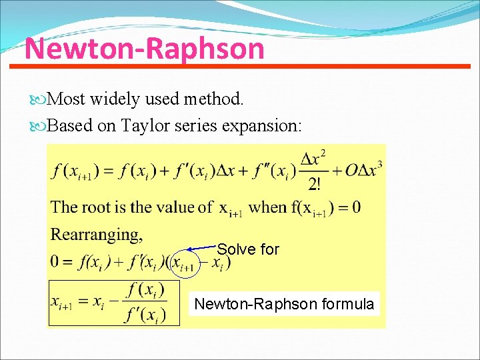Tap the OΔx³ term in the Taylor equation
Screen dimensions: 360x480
pyautogui.click(x=363, y=170)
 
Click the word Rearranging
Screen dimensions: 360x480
pyautogui.click(x=97, y=235)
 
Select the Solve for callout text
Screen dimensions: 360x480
pyautogui.click(x=248, y=249)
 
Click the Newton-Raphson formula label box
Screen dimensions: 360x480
pyautogui.click(x=284, y=304)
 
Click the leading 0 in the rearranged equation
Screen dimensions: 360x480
pyautogui.click(x=57, y=262)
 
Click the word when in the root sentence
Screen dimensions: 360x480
pyautogui.click(x=267, y=207)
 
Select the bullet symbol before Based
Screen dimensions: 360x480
pyautogui.click(x=42, y=126)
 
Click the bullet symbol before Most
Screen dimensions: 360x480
pyautogui.click(x=42, y=100)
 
